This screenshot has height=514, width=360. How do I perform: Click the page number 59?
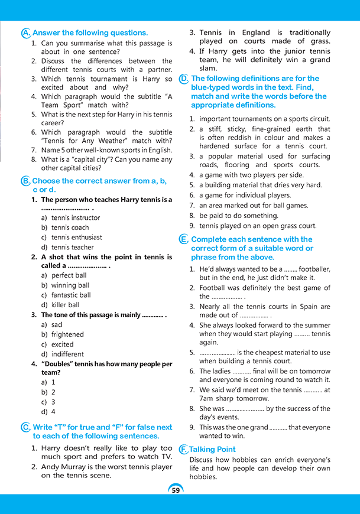coord(176,490)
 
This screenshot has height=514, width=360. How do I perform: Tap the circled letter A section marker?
coord(25,33)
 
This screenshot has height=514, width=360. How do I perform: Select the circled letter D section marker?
coord(184,79)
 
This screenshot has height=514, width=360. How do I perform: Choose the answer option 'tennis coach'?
coord(70,227)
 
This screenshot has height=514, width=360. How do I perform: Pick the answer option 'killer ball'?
coord(65,305)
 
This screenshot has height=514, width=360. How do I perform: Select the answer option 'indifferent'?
coord(67,354)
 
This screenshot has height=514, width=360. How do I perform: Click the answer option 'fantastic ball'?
coord(71,295)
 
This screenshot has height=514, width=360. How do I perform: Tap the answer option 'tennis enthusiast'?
coord(77,238)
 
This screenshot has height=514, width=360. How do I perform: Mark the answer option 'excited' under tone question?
coord(63,344)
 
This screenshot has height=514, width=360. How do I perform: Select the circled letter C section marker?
coord(25,427)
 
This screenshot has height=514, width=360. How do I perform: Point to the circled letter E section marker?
coord(184,239)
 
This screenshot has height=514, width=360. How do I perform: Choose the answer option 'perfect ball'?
coord(69,275)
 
